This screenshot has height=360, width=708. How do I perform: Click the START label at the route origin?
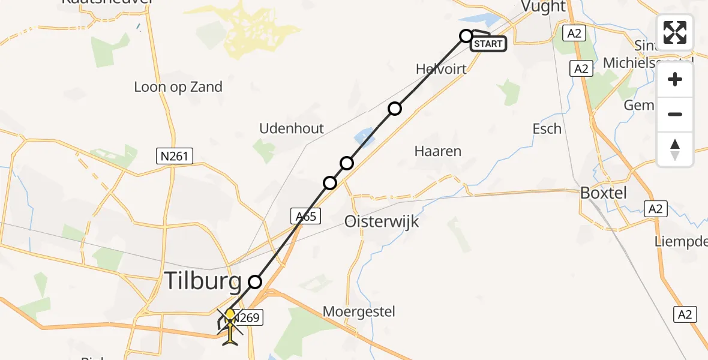(x=489, y=44)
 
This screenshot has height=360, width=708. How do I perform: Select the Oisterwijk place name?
(x=382, y=222)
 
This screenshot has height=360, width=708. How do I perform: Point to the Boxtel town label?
(x=603, y=193)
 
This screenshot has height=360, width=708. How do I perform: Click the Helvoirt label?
(x=441, y=69)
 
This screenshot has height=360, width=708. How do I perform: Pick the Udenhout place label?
(x=292, y=128)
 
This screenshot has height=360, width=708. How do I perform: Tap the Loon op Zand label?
(x=178, y=87)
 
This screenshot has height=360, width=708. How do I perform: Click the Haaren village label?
(x=438, y=151)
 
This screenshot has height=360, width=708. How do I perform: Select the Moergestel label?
(x=359, y=311)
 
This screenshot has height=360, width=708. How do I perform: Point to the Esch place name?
(x=547, y=128)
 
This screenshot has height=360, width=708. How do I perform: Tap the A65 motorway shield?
(x=306, y=216)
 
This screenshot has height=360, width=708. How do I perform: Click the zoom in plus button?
(x=675, y=80)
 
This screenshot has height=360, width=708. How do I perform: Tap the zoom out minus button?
(x=675, y=114)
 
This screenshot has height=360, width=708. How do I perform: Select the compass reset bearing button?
(x=675, y=149)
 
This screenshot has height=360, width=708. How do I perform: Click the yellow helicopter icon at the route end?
(x=230, y=327)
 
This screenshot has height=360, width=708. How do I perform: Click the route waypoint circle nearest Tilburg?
(x=256, y=281)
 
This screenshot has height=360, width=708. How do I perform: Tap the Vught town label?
(x=544, y=7)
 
